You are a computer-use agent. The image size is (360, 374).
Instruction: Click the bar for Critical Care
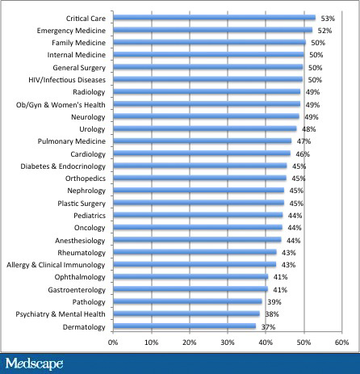(214, 17)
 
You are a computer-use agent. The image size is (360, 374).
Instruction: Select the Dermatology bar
(184, 326)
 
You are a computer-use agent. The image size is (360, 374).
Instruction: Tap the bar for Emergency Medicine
(212, 30)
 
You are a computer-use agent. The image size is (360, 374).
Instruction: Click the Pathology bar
(187, 302)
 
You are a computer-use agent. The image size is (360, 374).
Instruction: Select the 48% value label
(308, 128)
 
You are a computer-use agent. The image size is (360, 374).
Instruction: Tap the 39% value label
(274, 302)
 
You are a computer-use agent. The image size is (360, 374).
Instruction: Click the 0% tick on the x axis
(113, 342)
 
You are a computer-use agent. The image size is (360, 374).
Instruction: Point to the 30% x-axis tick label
(227, 342)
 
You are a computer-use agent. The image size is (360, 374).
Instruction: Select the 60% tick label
(341, 342)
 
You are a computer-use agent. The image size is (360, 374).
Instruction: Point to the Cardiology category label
(86, 153)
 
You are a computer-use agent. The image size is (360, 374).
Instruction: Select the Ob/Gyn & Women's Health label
(64, 104)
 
